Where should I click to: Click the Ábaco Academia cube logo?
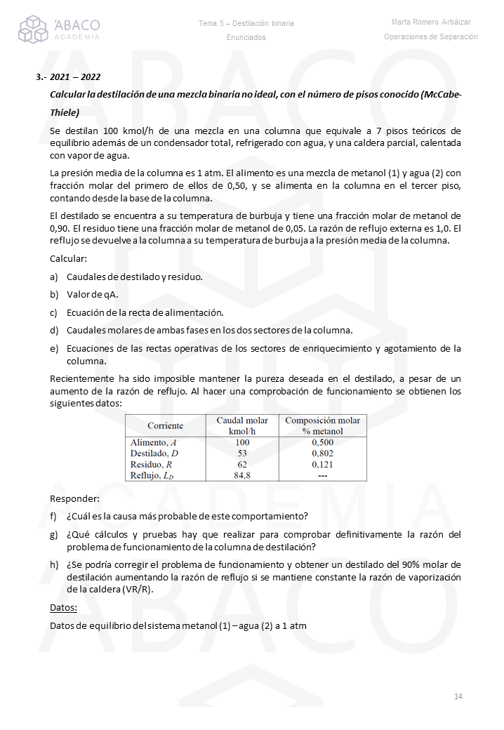tap(33, 29)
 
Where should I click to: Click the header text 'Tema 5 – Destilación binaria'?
tap(246, 23)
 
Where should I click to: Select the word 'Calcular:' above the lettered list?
tap(68, 258)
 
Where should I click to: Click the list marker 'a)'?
tap(54, 277)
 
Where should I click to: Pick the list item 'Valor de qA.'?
tap(92, 294)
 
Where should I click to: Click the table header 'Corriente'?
tap(166, 425)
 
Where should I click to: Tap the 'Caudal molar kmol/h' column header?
tap(241, 425)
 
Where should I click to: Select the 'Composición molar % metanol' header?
tap(322, 425)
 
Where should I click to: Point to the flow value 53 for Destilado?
tap(242, 453)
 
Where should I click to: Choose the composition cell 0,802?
tap(322, 453)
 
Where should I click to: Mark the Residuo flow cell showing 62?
tap(242, 464)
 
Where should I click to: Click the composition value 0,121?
tap(322, 464)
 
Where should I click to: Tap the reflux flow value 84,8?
tap(242, 475)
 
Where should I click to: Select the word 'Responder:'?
tap(74, 498)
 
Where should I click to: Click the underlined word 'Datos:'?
tap(64, 607)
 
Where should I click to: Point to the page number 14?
tap(458, 696)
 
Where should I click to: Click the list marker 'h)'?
tap(54, 564)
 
